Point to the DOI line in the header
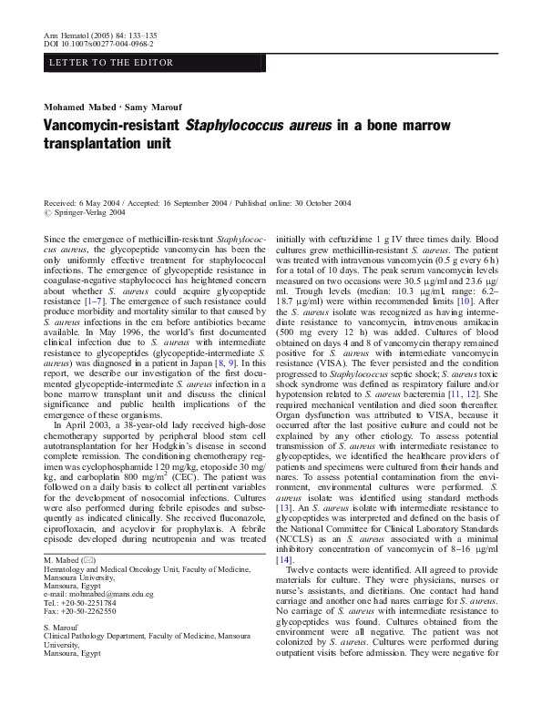pyautogui.click(x=98, y=43)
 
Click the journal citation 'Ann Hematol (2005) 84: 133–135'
pyautogui.click(x=100, y=34)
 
